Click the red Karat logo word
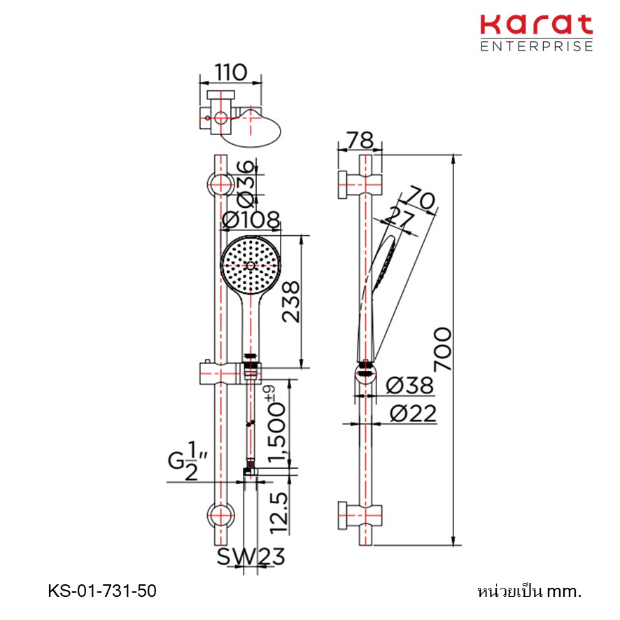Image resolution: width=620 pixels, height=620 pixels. (x=536, y=25)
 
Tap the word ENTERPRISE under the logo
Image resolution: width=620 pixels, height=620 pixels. (x=537, y=46)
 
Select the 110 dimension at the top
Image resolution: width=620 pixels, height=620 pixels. (x=231, y=72)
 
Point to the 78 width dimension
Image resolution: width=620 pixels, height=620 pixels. (x=360, y=140)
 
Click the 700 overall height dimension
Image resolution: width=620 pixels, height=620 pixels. (x=442, y=349)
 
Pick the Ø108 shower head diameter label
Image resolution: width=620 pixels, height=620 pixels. (x=251, y=220)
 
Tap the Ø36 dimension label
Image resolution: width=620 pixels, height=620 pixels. (x=246, y=183)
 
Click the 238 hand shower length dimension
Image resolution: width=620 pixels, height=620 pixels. (x=291, y=302)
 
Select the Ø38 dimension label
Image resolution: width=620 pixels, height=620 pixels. (x=409, y=385)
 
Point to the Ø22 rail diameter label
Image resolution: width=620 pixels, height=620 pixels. (x=413, y=414)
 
